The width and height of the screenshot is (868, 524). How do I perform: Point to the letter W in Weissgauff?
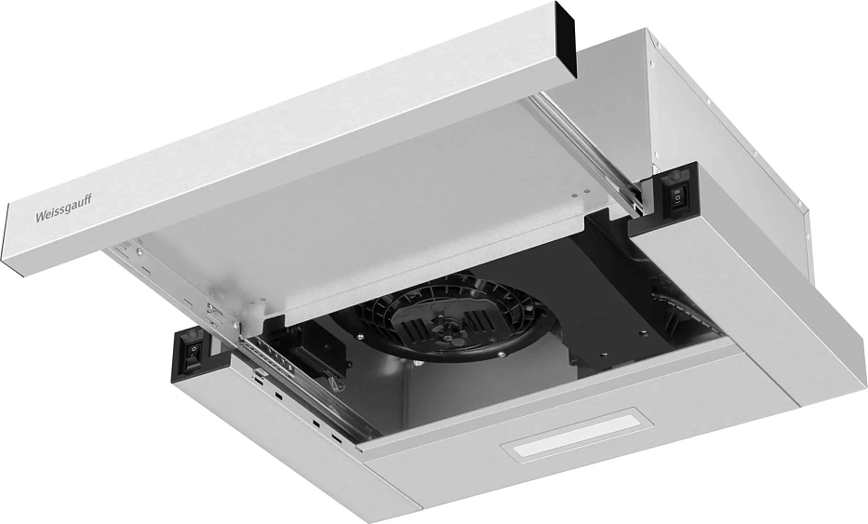click(39, 217)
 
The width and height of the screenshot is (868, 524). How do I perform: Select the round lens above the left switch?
click(194, 334)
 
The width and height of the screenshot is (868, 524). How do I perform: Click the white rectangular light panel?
click(576, 435)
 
